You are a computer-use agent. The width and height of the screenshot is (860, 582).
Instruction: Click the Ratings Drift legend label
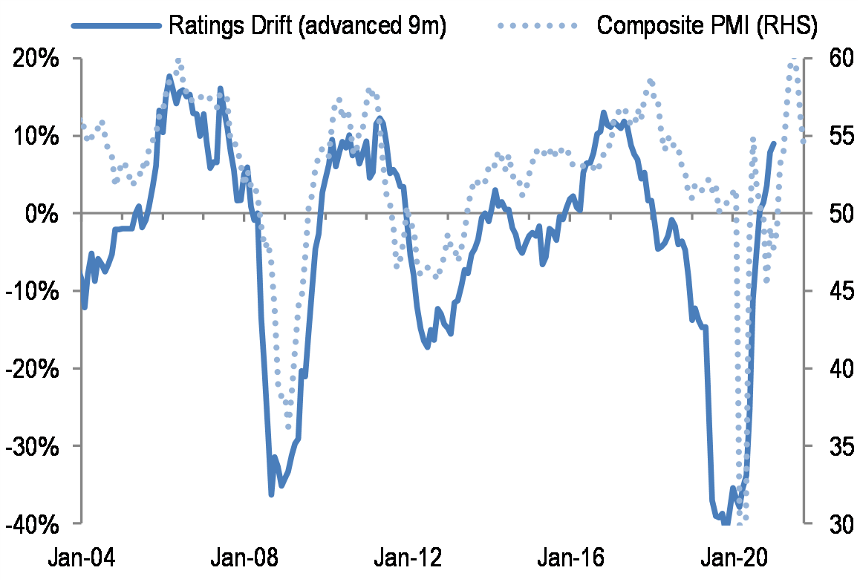click(307, 25)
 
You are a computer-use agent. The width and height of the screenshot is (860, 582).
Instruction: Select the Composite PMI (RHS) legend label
click(706, 25)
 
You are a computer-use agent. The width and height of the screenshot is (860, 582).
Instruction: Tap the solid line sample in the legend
click(116, 26)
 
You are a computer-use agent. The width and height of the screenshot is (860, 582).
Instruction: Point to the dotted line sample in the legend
click(536, 26)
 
